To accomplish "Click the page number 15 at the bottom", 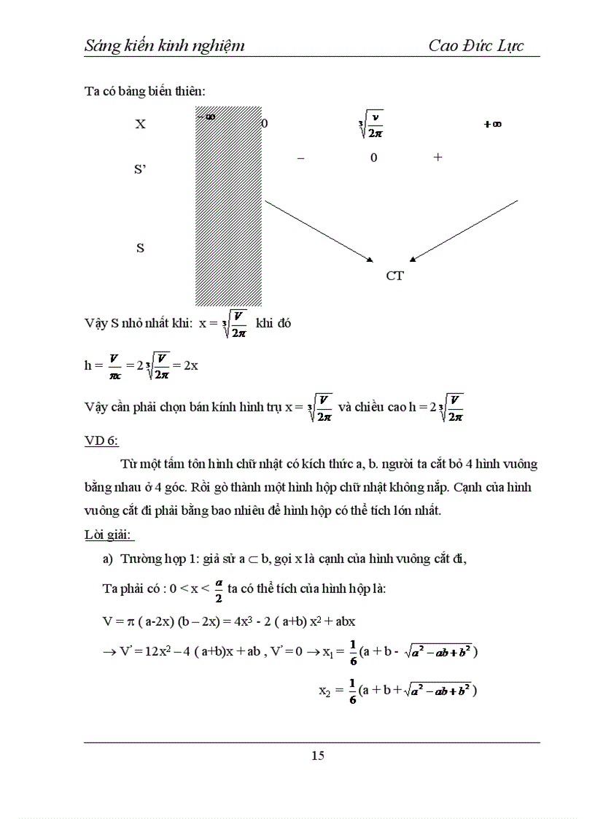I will pyautogui.click(x=318, y=756).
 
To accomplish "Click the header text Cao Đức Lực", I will pyautogui.click(x=475, y=45).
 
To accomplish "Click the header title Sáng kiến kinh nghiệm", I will pyautogui.click(x=164, y=46).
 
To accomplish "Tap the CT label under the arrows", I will pyautogui.click(x=394, y=276).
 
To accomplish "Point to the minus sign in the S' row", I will pyautogui.click(x=301, y=158).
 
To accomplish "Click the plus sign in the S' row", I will pyautogui.click(x=437, y=157).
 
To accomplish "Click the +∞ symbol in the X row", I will pyautogui.click(x=492, y=125).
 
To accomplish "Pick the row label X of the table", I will pyautogui.click(x=140, y=124).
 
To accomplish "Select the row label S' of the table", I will pyautogui.click(x=141, y=169).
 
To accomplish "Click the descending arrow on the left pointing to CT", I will pyautogui.click(x=319, y=230).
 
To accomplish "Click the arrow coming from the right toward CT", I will pyautogui.click(x=464, y=230).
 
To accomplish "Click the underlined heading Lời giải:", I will pyautogui.click(x=109, y=535).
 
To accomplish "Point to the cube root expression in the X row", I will pyautogui.click(x=372, y=124).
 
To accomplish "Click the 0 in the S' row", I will pyautogui.click(x=373, y=158).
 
